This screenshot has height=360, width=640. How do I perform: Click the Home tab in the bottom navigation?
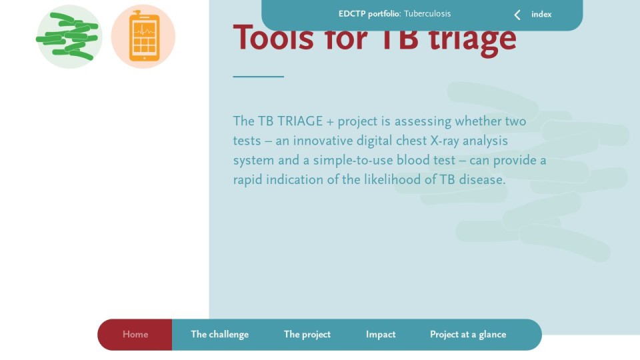(x=135, y=334)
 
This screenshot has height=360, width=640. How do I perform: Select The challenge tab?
(x=219, y=334)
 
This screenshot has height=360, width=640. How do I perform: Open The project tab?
(x=307, y=334)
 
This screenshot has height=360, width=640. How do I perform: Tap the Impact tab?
(x=381, y=334)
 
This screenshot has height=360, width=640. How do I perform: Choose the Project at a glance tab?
(x=468, y=334)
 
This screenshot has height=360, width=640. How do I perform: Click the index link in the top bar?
(x=541, y=14)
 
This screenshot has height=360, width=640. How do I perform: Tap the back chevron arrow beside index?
(x=517, y=15)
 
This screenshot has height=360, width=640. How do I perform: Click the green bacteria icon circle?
(x=69, y=36)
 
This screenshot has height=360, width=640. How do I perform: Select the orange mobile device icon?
(x=143, y=36)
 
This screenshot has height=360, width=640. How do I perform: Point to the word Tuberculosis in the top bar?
(x=427, y=14)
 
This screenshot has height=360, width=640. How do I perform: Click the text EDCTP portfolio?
(x=369, y=14)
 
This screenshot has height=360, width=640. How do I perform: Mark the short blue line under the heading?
(x=259, y=76)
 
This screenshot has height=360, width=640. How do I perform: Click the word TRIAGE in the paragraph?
(x=300, y=121)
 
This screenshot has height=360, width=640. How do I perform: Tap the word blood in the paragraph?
(x=413, y=160)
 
